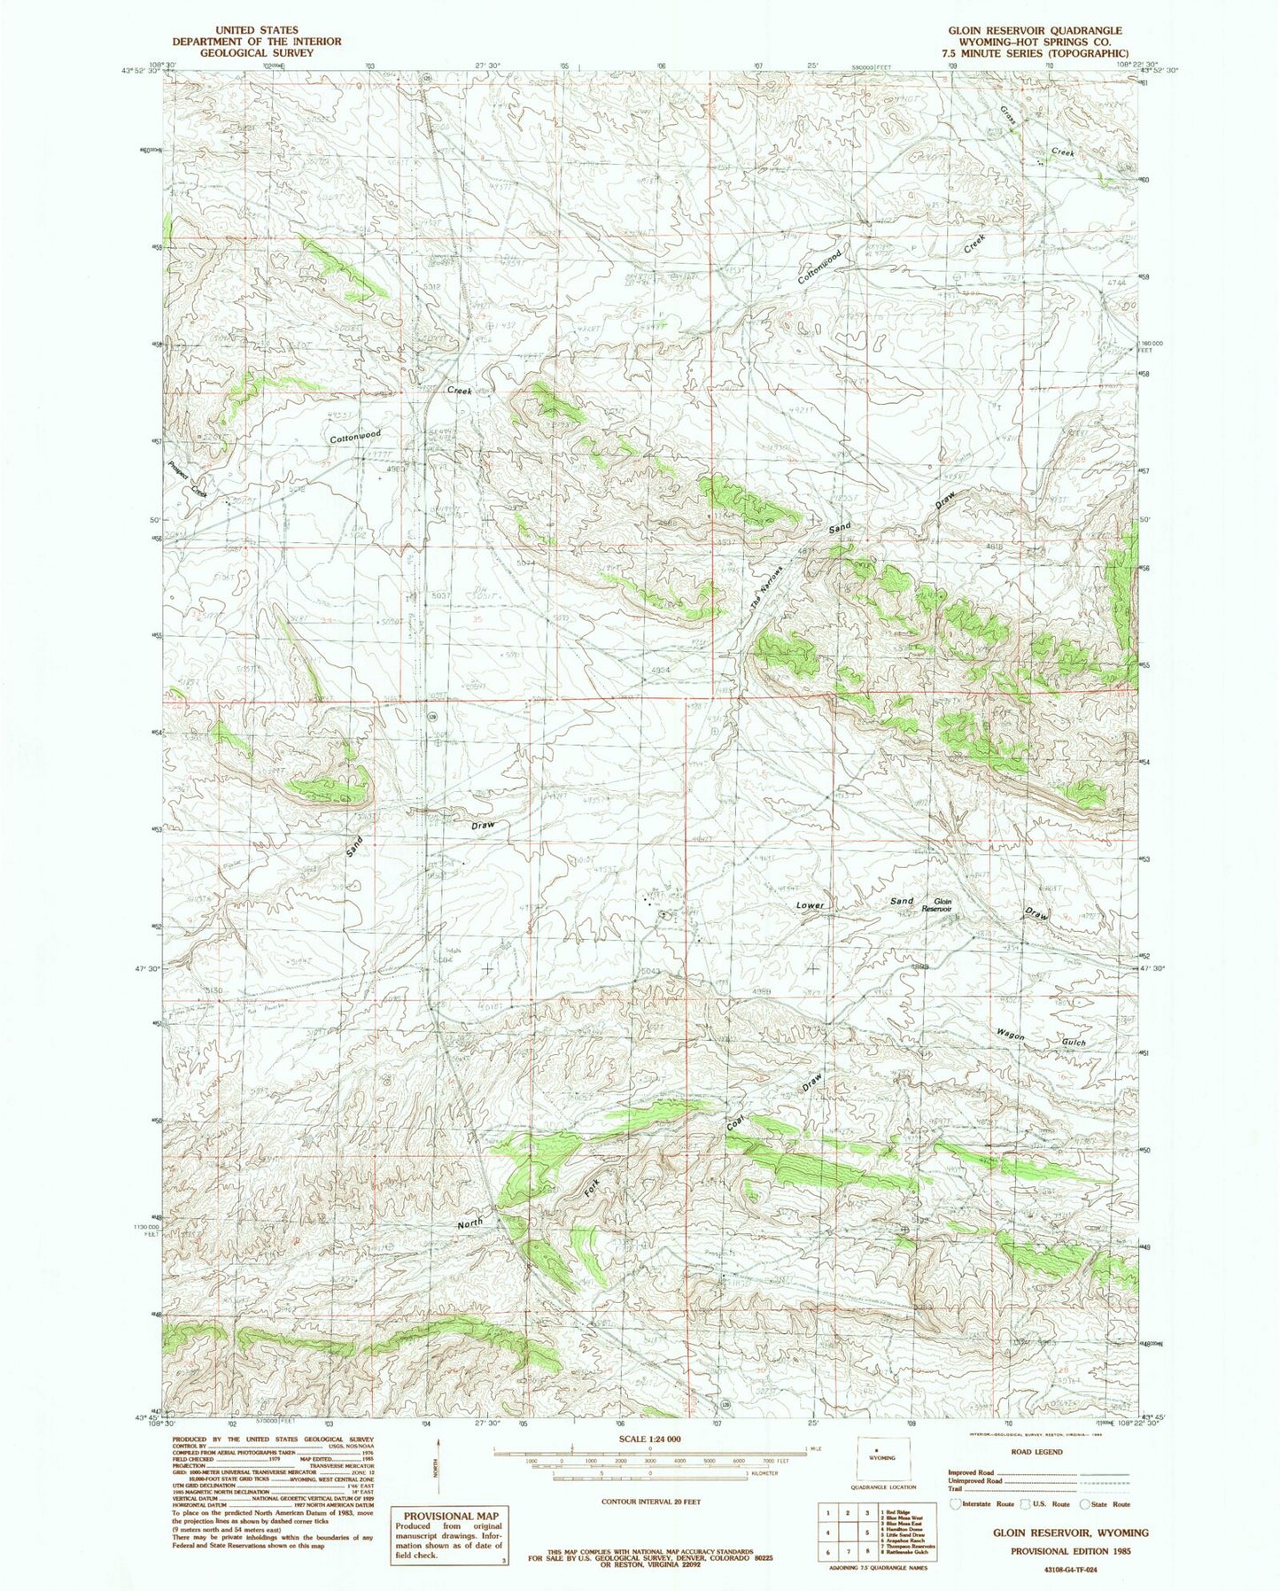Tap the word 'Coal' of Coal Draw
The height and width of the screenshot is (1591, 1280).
click(x=735, y=1121)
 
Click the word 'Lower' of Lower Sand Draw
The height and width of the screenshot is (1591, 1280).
click(x=810, y=905)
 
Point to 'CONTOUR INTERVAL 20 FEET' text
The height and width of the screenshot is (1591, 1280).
click(x=650, y=1502)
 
